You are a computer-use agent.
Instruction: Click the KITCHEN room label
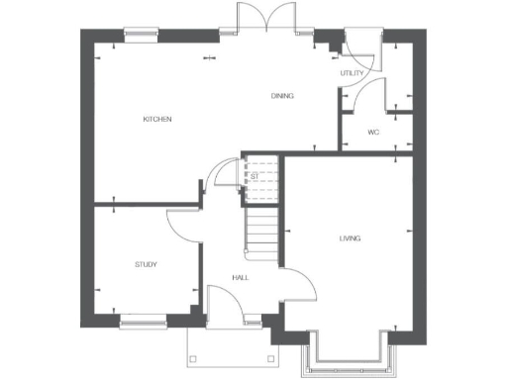[157, 120]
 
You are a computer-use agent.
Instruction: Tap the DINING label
[283, 95]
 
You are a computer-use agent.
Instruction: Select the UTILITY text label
[352, 73]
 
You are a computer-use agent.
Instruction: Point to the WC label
[373, 132]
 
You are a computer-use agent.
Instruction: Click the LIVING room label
[349, 238]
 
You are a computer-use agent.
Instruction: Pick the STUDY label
[147, 264]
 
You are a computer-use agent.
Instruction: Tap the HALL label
[240, 278]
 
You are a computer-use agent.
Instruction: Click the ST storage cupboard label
[254, 176]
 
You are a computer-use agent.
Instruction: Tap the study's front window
[143, 320]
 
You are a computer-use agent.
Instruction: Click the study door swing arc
[184, 227]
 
